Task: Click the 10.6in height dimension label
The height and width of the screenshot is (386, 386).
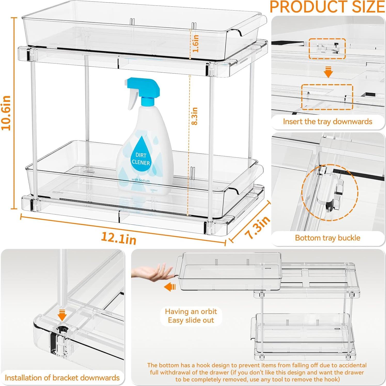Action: click(x=6, y=113)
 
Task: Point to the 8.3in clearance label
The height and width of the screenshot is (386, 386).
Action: click(x=195, y=116)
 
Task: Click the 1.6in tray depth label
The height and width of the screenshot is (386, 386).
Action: click(x=196, y=43)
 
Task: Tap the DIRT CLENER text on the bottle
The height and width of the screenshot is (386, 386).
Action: click(x=141, y=159)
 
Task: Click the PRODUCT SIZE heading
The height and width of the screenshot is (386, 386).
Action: click(x=327, y=7)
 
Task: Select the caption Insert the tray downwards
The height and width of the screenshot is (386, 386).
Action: click(x=327, y=122)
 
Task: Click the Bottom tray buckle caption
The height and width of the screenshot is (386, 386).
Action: click(x=327, y=238)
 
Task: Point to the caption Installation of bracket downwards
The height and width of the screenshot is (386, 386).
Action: click(x=62, y=378)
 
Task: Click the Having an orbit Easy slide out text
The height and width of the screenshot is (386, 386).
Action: click(x=191, y=316)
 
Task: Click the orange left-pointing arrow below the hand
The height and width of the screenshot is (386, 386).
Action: click(x=170, y=287)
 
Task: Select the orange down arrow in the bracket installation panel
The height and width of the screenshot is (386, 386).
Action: click(x=62, y=315)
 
